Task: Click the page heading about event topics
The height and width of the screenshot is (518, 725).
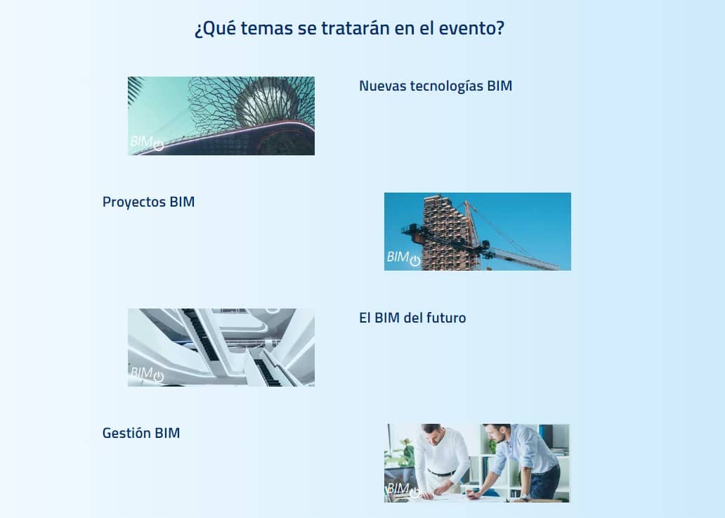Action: click(349, 28)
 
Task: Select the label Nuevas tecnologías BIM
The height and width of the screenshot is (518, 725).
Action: click(436, 86)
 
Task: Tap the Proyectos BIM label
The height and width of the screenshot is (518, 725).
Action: click(148, 202)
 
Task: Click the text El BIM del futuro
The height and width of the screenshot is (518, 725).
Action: click(412, 318)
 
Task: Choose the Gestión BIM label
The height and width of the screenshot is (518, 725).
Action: click(141, 433)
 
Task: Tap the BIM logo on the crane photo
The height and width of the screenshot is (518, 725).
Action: click(404, 258)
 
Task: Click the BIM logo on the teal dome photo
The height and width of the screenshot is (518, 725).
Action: click(147, 143)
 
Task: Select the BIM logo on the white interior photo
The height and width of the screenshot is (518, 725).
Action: click(147, 374)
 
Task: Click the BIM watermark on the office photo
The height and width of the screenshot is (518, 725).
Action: click(403, 490)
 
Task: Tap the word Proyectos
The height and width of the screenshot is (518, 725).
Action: click(133, 202)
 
